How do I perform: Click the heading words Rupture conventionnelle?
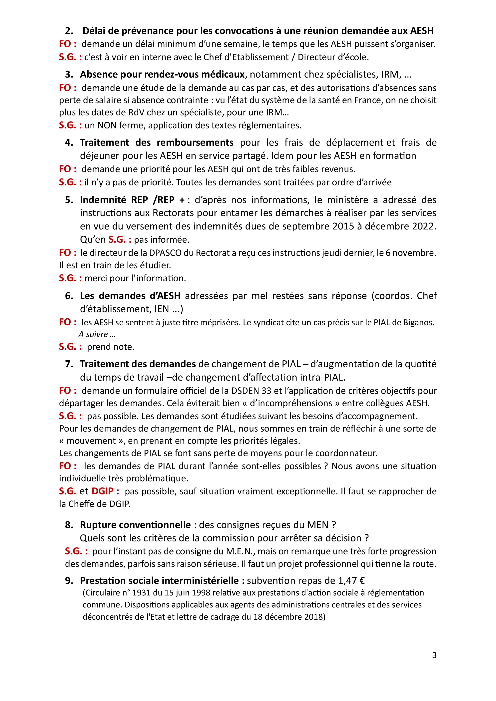(x=135, y=525)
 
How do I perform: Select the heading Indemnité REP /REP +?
(x=132, y=200)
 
